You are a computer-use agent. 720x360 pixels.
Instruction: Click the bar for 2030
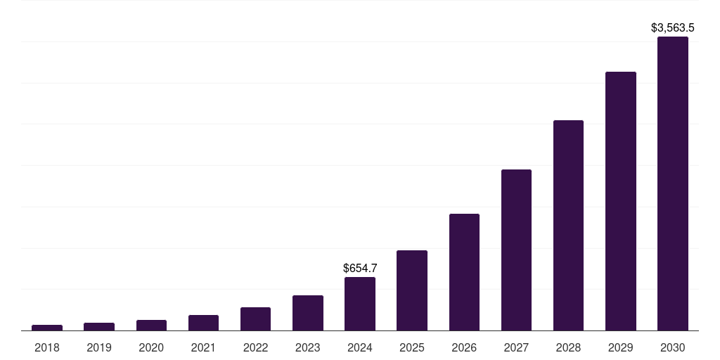point(672,184)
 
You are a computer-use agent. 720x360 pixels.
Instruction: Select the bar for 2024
point(359,304)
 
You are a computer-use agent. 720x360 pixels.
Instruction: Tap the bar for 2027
point(516,250)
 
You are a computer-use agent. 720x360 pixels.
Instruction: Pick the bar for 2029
point(620,201)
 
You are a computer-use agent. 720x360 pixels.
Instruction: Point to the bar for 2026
point(464,272)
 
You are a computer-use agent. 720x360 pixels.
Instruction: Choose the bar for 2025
point(412,290)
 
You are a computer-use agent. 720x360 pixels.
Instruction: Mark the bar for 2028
point(568,225)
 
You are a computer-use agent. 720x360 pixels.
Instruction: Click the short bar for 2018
point(47,327)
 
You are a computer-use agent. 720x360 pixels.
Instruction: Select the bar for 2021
point(203,323)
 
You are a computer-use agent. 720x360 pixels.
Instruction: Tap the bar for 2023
point(307,313)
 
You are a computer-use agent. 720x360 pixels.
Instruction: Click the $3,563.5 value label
point(672,28)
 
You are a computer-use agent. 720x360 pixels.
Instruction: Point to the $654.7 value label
point(359,268)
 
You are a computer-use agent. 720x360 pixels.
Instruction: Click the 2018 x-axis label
point(47,347)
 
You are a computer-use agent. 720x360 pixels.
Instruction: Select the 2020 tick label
point(151,347)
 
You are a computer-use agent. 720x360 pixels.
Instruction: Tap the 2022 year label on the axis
point(255,347)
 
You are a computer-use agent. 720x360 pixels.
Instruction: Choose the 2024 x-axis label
point(359,347)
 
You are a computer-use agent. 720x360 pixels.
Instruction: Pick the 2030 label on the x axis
point(672,347)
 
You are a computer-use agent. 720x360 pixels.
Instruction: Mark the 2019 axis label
point(99,347)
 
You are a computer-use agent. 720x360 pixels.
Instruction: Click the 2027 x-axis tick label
point(516,347)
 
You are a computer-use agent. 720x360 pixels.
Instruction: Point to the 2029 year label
point(620,347)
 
